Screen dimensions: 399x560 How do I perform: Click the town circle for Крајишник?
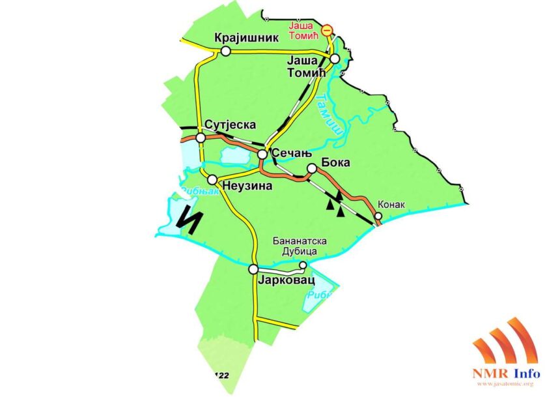click(226, 51)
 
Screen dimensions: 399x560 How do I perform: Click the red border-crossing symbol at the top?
click(328, 29)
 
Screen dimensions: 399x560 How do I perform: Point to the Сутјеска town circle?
click(201, 138)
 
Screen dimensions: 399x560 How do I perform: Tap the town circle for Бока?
click(312, 169)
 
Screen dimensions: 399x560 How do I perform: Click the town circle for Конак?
click(378, 216)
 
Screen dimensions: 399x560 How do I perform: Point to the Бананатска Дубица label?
click(300, 246)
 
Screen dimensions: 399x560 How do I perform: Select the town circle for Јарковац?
click(253, 269)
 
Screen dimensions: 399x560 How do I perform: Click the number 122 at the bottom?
click(221, 376)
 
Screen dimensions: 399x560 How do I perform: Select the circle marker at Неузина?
click(212, 179)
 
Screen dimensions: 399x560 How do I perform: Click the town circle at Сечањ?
click(262, 155)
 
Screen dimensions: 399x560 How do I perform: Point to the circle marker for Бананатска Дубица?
click(303, 265)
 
